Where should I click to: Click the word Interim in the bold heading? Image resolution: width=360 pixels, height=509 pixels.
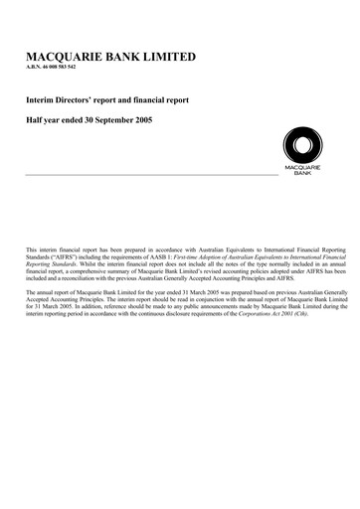point(41,101)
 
